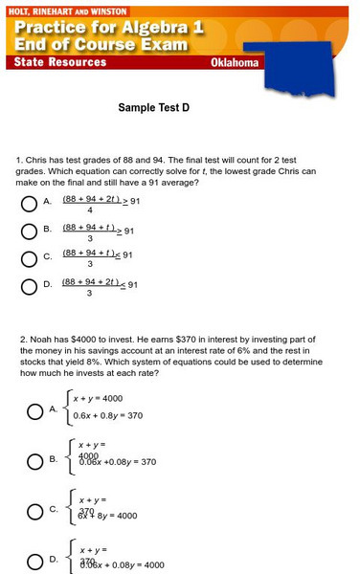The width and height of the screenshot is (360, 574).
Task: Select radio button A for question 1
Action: (28, 203)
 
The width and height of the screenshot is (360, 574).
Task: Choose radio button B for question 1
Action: (28, 230)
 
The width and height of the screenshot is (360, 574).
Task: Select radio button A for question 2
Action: (34, 409)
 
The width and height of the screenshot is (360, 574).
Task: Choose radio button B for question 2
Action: (34, 460)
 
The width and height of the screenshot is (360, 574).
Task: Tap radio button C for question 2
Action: (34, 511)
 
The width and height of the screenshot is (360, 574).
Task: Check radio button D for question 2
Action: (34, 562)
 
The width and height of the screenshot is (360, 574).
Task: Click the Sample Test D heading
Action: (154, 108)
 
